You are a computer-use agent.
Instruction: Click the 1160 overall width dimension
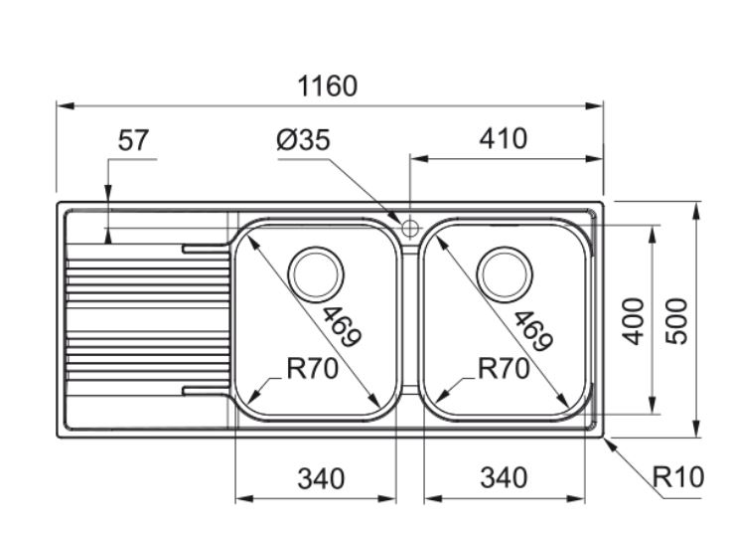[328, 87]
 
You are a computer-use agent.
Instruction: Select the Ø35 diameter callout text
[303, 140]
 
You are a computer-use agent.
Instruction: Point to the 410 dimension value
[504, 138]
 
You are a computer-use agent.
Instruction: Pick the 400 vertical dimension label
[634, 319]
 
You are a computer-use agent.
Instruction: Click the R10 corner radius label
[678, 478]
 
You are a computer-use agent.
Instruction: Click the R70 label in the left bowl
[312, 370]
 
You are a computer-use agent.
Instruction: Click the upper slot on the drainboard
[204, 246]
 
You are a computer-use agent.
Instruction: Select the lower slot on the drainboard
[204, 390]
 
